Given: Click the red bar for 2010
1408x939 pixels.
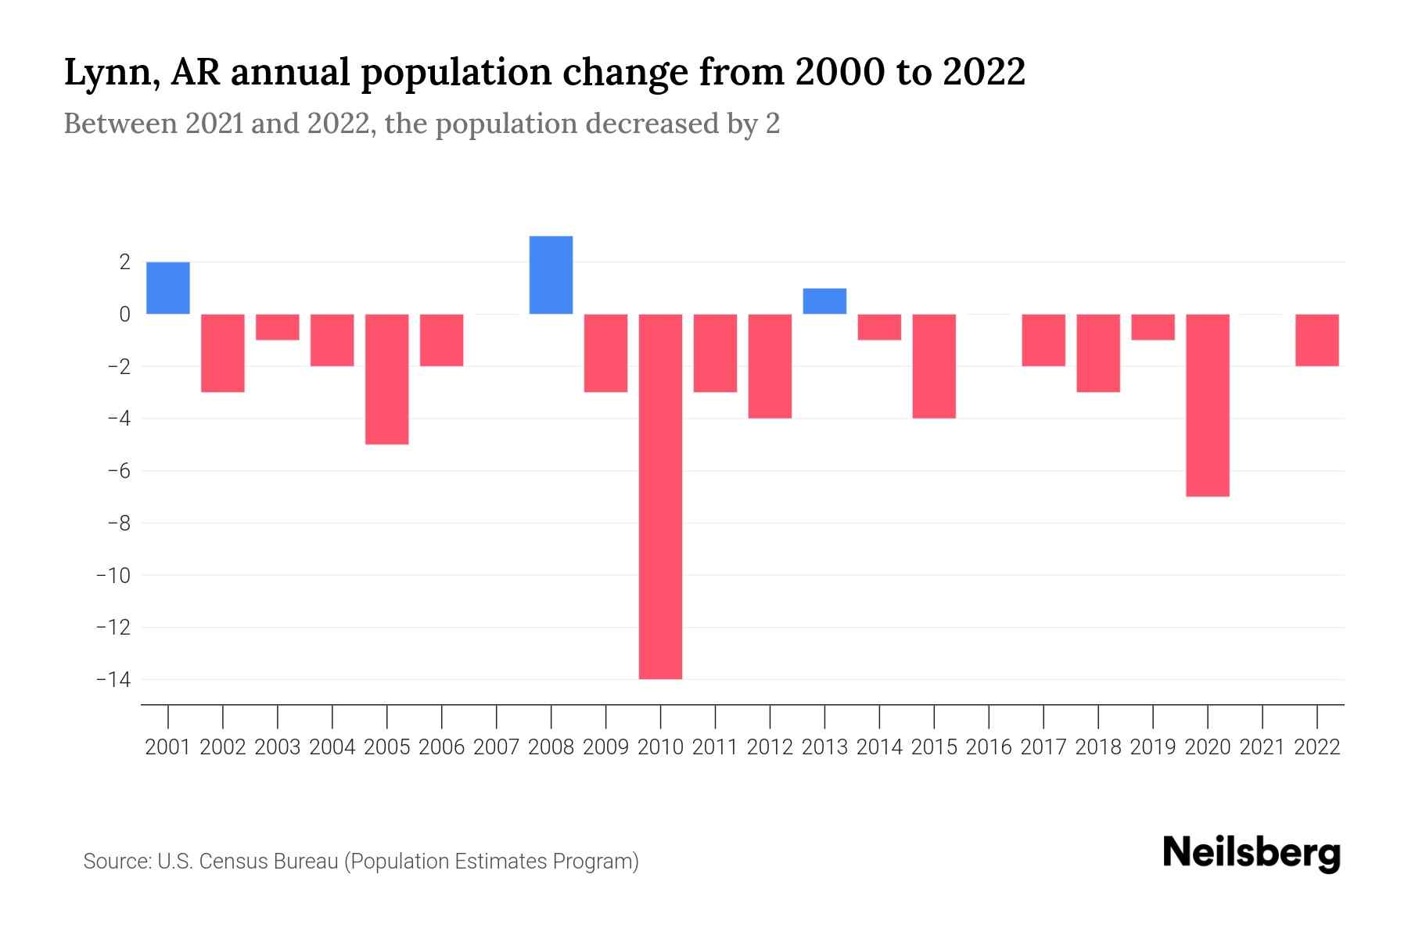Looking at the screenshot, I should (x=660, y=496).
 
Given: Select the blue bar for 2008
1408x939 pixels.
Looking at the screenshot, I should (x=551, y=275).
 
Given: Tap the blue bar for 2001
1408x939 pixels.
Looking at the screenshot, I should (x=168, y=288).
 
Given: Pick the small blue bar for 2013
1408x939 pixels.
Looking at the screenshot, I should (x=824, y=301).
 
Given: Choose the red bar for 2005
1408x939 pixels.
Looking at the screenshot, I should (x=387, y=379).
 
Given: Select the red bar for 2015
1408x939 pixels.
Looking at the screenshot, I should (x=934, y=365).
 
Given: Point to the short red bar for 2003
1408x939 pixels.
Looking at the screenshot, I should (x=278, y=327).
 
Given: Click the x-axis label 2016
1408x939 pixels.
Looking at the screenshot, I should (x=989, y=747).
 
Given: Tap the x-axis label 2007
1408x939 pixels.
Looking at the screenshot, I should (x=496, y=747).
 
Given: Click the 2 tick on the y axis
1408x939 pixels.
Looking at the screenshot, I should (x=124, y=262).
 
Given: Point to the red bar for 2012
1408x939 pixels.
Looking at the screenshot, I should (x=770, y=365).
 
